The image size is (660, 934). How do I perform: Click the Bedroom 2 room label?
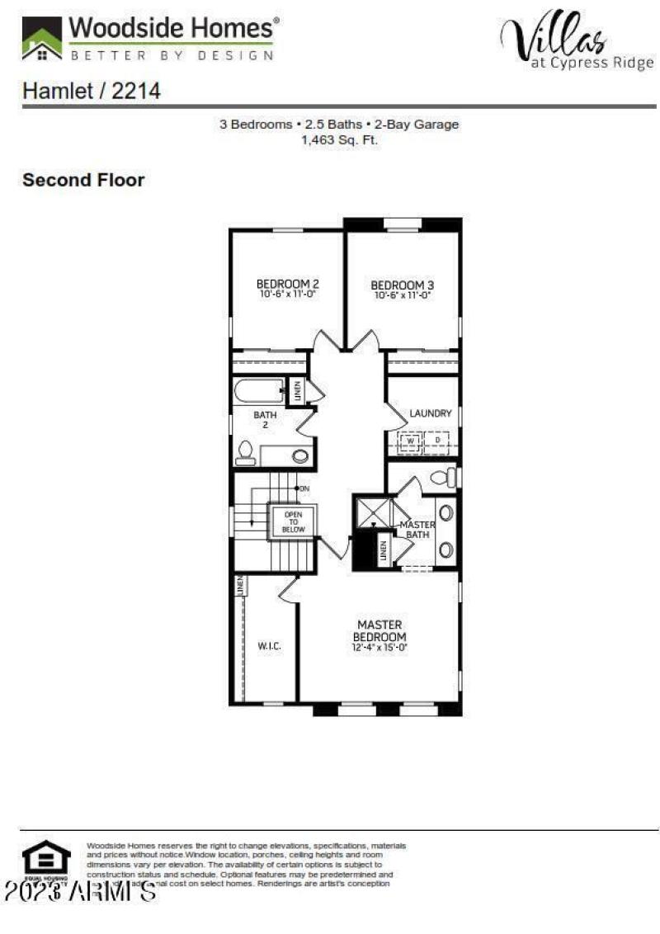coord(287,284)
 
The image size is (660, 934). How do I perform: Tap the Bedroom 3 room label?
coord(402,285)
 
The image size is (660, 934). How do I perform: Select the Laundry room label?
coord(431,413)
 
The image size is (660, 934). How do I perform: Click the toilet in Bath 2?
coord(245,452)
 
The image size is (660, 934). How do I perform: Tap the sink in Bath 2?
coord(300,455)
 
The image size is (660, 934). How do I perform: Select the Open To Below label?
coord(293,521)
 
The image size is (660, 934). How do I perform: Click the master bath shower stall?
coord(373,513)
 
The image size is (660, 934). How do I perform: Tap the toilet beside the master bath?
coord(443,477)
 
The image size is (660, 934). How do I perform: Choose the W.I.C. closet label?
coord(270,646)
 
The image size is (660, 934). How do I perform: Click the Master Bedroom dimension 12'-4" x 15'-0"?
coord(379,649)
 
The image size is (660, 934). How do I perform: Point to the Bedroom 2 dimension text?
coord(287,294)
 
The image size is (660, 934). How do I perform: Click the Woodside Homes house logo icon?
coord(41,39)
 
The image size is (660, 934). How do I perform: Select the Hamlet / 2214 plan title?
coord(91,91)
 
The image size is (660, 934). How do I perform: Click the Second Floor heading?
coord(83,180)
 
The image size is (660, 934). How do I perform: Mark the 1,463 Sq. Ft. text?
coord(339,140)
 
